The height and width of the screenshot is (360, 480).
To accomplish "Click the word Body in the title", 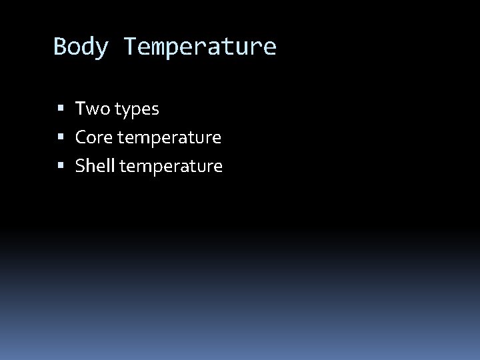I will (x=81, y=47).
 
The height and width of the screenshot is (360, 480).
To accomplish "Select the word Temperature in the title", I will (x=199, y=47).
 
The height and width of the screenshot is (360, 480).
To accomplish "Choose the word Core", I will (x=95, y=137).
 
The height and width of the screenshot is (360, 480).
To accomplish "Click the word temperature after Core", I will (x=170, y=138).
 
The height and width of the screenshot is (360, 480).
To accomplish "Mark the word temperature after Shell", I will (x=171, y=167).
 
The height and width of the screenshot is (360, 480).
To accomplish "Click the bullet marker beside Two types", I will (x=61, y=109).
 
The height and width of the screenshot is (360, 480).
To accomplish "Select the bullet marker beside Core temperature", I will (x=61, y=138).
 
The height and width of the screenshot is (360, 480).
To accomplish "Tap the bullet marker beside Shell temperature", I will (x=61, y=167).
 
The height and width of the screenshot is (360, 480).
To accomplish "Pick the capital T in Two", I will (x=81, y=108).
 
